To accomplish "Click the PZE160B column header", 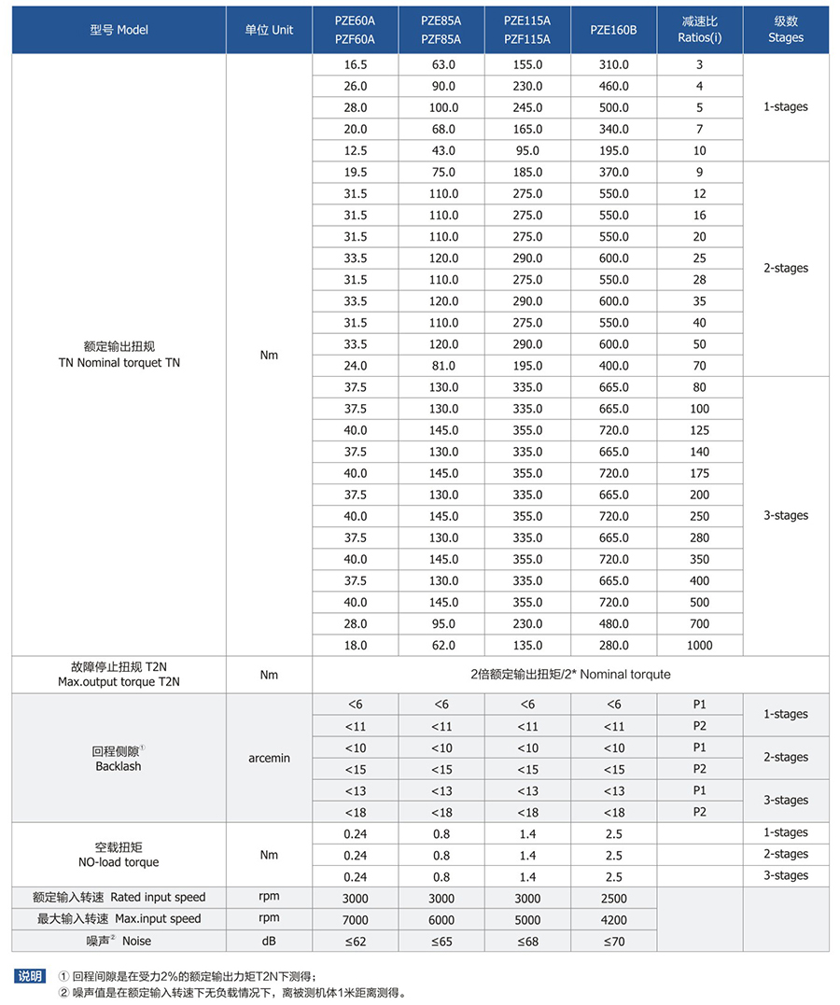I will (x=613, y=30).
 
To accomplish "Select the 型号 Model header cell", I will (x=119, y=30).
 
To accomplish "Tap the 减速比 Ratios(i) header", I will (x=700, y=30).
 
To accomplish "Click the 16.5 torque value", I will (x=356, y=65).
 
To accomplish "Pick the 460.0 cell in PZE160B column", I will (x=613, y=87).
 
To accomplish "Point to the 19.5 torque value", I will (x=356, y=173).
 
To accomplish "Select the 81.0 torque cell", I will (x=441, y=366).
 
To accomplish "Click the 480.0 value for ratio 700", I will (x=613, y=624).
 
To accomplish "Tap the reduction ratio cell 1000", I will (x=700, y=646).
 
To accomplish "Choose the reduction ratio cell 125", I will (x=700, y=430).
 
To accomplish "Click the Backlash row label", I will (x=119, y=758).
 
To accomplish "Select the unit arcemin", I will (x=269, y=758).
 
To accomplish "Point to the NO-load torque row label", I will (x=119, y=855).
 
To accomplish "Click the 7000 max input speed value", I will (x=356, y=919).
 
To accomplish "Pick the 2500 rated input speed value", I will (x=613, y=898).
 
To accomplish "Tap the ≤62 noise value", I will (x=356, y=942).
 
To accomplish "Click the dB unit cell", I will (x=269, y=942).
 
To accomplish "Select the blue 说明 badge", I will (x=29, y=976).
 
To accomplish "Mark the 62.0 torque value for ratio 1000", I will (x=441, y=646).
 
